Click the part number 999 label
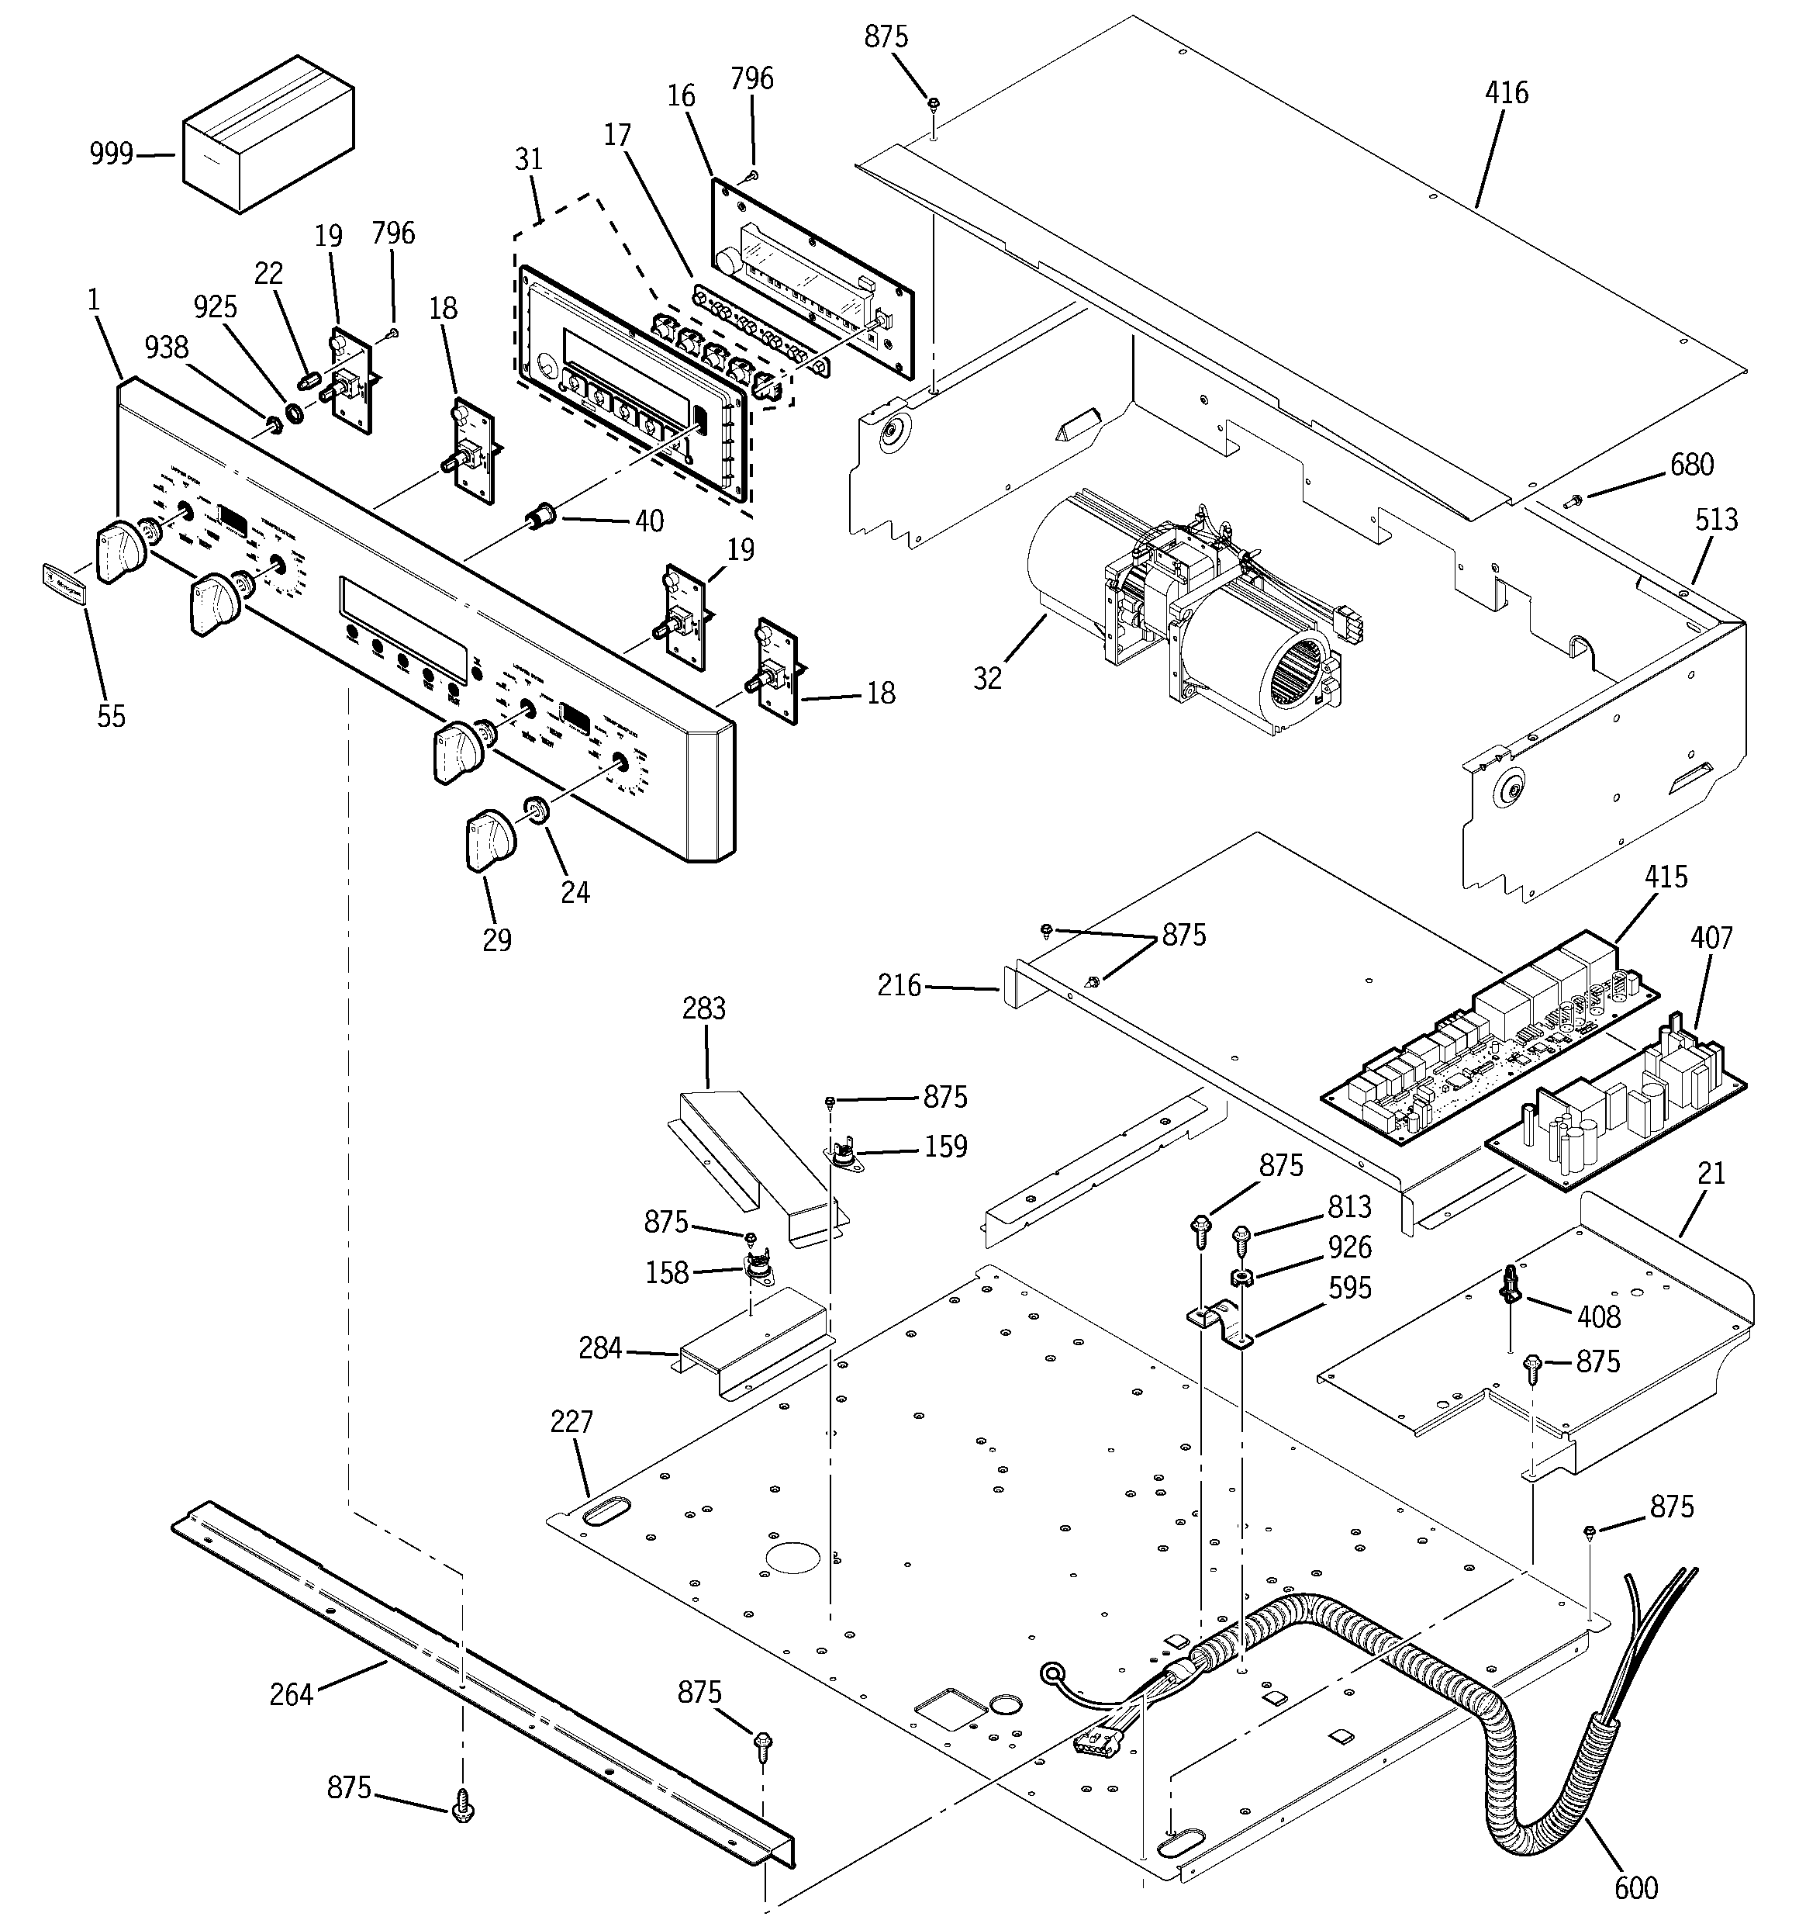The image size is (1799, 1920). [x=111, y=154]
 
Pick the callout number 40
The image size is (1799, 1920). [x=649, y=521]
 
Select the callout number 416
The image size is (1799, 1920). [x=1507, y=94]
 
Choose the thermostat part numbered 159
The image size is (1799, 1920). [x=843, y=1156]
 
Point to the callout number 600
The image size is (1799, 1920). [x=1636, y=1886]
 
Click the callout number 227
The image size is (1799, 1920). [x=571, y=1422]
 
